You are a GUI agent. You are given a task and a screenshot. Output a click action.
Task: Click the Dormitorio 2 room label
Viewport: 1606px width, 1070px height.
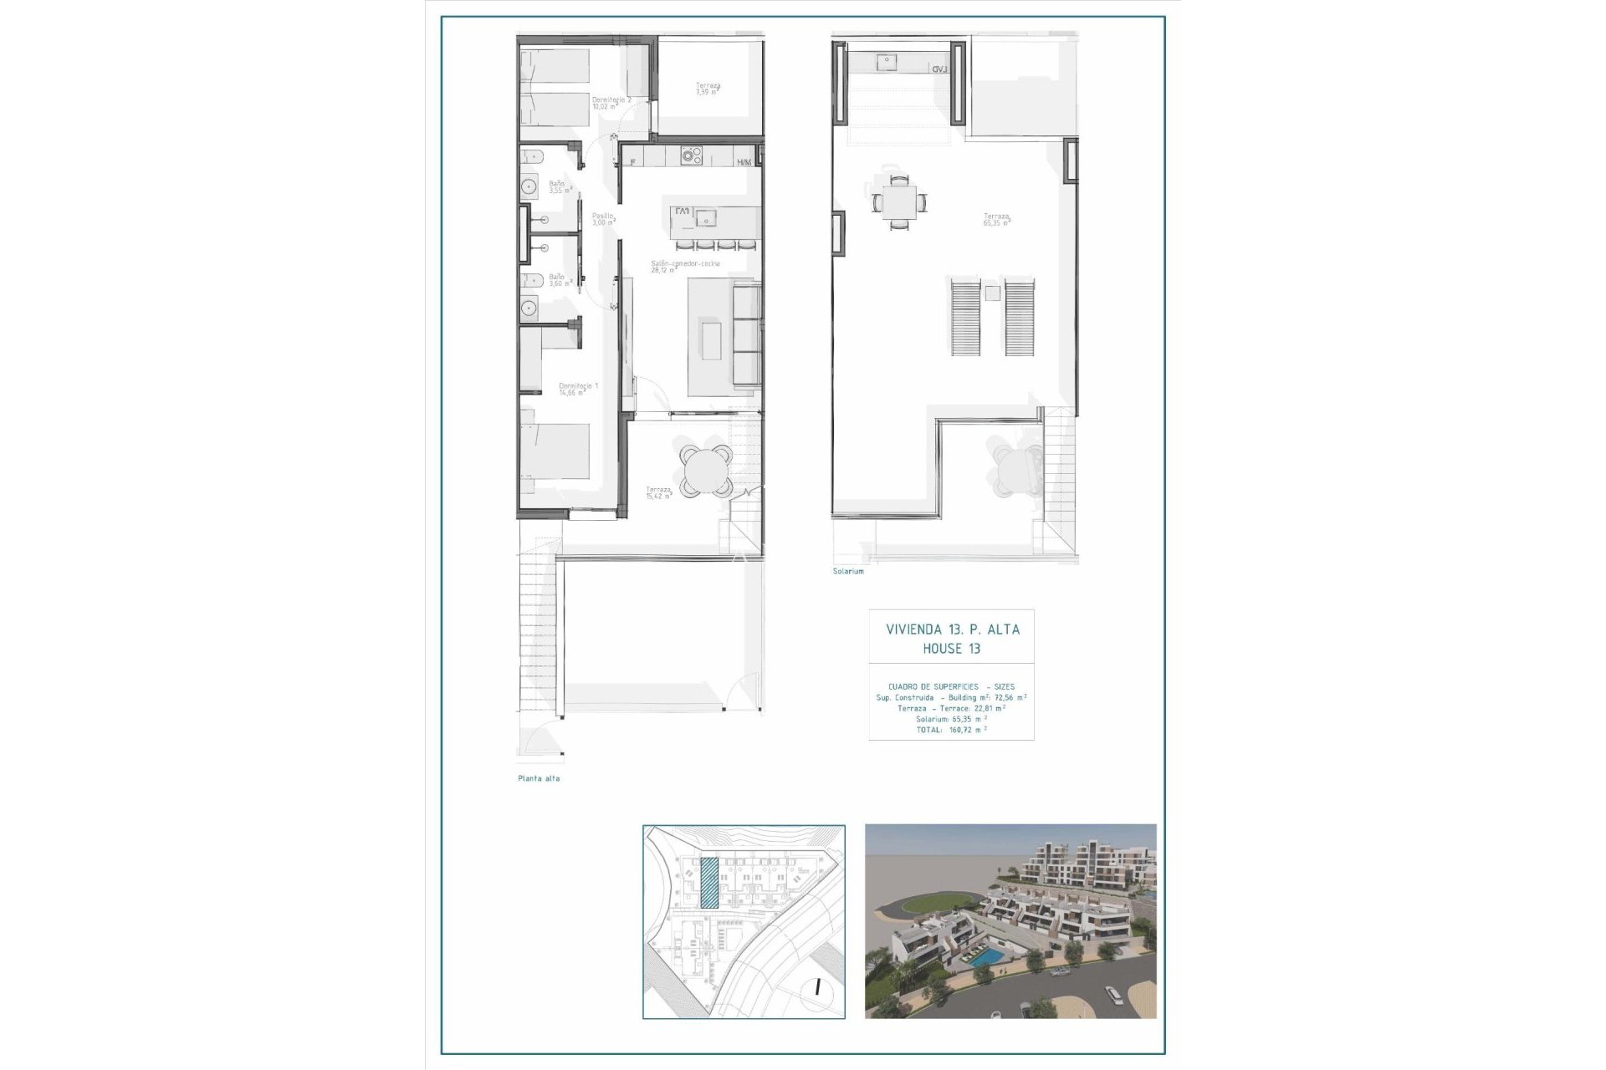click(611, 103)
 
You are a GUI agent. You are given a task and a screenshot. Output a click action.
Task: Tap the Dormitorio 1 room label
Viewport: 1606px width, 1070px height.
click(578, 389)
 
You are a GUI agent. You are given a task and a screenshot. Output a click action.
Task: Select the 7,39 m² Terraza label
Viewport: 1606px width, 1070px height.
click(708, 89)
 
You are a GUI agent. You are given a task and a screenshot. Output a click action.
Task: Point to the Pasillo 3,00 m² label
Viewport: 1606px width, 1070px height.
click(603, 219)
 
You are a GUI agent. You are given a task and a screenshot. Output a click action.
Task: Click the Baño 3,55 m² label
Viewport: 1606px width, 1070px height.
click(558, 186)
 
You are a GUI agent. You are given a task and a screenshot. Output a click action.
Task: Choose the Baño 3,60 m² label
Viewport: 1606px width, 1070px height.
click(558, 280)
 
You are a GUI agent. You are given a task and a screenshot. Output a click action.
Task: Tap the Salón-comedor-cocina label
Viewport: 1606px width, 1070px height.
click(685, 267)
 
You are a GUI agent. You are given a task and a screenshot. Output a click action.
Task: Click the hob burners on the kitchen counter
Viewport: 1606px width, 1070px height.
click(691, 155)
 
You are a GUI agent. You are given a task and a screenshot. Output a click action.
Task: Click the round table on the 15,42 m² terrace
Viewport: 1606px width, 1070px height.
click(705, 471)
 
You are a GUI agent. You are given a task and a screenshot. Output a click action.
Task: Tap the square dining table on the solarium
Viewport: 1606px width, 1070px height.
click(898, 201)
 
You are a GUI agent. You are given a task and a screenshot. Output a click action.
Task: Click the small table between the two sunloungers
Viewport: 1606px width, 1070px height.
click(992, 293)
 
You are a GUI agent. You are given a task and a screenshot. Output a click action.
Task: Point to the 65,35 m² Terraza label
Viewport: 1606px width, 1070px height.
click(995, 220)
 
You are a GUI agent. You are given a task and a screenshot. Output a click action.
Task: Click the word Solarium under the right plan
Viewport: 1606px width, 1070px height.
click(847, 571)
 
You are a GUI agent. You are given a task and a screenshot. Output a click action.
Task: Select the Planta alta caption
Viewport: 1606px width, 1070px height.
click(539, 778)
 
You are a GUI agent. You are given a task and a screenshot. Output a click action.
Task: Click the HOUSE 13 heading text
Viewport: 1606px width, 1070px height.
click(951, 649)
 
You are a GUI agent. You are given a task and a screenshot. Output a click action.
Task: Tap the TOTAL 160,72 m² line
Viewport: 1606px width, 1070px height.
click(951, 730)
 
